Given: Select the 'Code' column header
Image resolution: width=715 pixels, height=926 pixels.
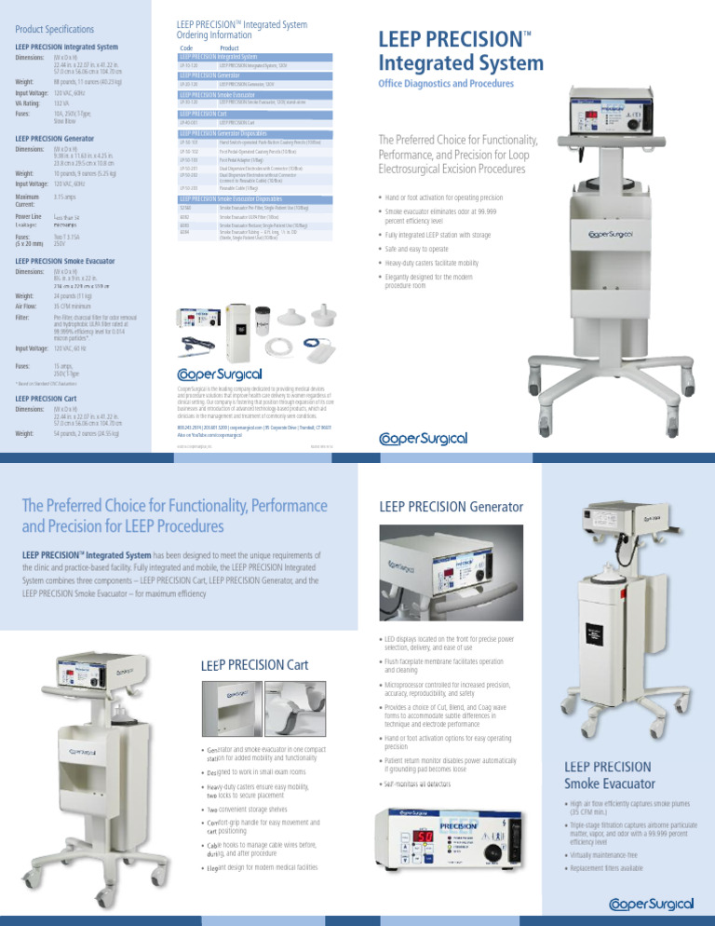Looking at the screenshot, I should pos(187,48).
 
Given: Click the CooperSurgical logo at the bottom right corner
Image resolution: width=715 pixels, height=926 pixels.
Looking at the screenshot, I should pos(651,902).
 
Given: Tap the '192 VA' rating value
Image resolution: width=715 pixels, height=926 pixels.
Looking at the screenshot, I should pos(62,104).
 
